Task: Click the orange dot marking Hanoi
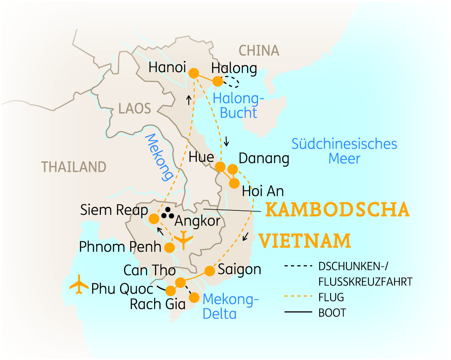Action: pyautogui.click(x=194, y=73)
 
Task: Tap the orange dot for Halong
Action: pyautogui.click(x=218, y=81)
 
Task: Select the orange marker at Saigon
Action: pyautogui.click(x=209, y=270)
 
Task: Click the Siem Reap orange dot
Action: pyautogui.click(x=154, y=219)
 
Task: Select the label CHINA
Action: pyautogui.click(x=259, y=51)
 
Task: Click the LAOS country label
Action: pyautogui.click(x=134, y=108)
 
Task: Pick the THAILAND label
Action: pyautogui.click(x=74, y=167)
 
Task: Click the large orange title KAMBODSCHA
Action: pyautogui.click(x=337, y=210)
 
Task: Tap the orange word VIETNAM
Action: pyautogui.click(x=305, y=240)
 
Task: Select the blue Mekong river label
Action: pyautogui.click(x=159, y=157)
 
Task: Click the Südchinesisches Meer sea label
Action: pyautogui.click(x=344, y=151)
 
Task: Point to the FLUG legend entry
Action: pyautogui.click(x=331, y=297)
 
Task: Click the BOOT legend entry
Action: pyautogui.click(x=333, y=313)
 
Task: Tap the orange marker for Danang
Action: pyautogui.click(x=232, y=169)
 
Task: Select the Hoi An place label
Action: pyautogui.click(x=262, y=191)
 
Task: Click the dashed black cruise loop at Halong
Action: pyautogui.click(x=232, y=82)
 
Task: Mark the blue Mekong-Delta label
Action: pyautogui.click(x=230, y=306)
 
